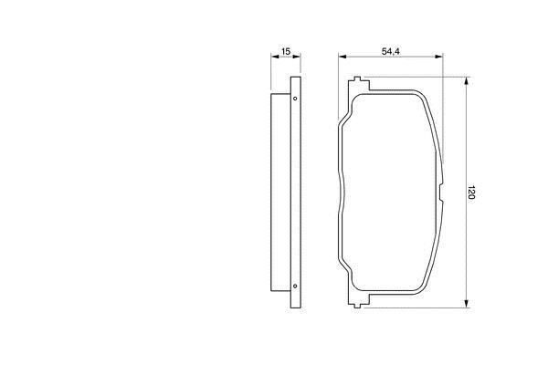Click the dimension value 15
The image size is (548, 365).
coord(286,51)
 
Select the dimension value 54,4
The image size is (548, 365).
coord(391,51)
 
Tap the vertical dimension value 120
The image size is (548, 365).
coord(471,193)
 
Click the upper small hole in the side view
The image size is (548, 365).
coord(295,99)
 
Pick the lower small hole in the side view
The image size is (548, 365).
coord(295,286)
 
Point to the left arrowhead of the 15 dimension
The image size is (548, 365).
coord(275,57)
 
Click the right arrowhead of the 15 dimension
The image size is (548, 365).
coord(297,57)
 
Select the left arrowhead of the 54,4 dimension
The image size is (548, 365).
coord(342,57)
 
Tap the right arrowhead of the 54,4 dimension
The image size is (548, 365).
coord(438,57)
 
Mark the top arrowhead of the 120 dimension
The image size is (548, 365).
coord(466,81)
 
